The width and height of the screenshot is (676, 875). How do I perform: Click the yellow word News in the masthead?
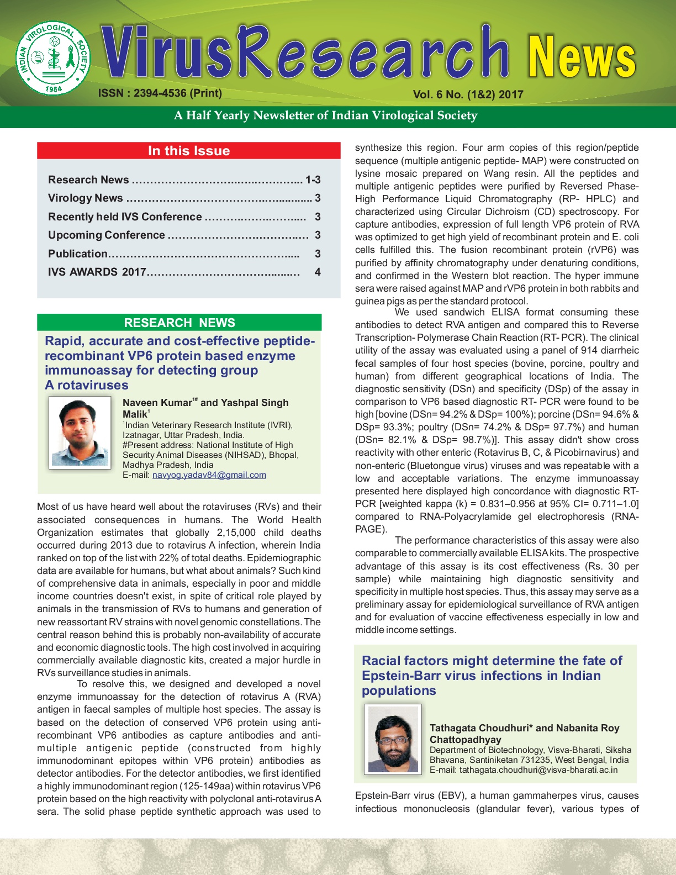coord(582,57)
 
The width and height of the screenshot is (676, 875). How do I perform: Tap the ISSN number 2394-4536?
coord(160,93)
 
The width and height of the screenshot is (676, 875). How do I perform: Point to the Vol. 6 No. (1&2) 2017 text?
coord(468,94)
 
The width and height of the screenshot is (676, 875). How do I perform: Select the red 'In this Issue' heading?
coord(188,151)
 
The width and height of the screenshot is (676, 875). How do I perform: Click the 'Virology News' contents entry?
coord(86,198)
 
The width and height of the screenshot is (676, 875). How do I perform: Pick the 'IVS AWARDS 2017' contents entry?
coord(97,272)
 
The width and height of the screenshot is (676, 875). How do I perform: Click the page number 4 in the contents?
coord(318,272)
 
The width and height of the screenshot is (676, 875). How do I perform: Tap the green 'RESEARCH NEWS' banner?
coord(179,323)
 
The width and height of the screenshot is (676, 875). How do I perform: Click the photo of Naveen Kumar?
coord(80,433)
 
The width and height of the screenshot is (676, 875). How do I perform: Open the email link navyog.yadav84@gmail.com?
coord(209,475)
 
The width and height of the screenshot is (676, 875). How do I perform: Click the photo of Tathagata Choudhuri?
coord(393,739)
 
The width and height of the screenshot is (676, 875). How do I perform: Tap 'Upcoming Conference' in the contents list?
coord(107,235)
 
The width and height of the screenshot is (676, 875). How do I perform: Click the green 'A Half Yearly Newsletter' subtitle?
coord(325,115)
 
